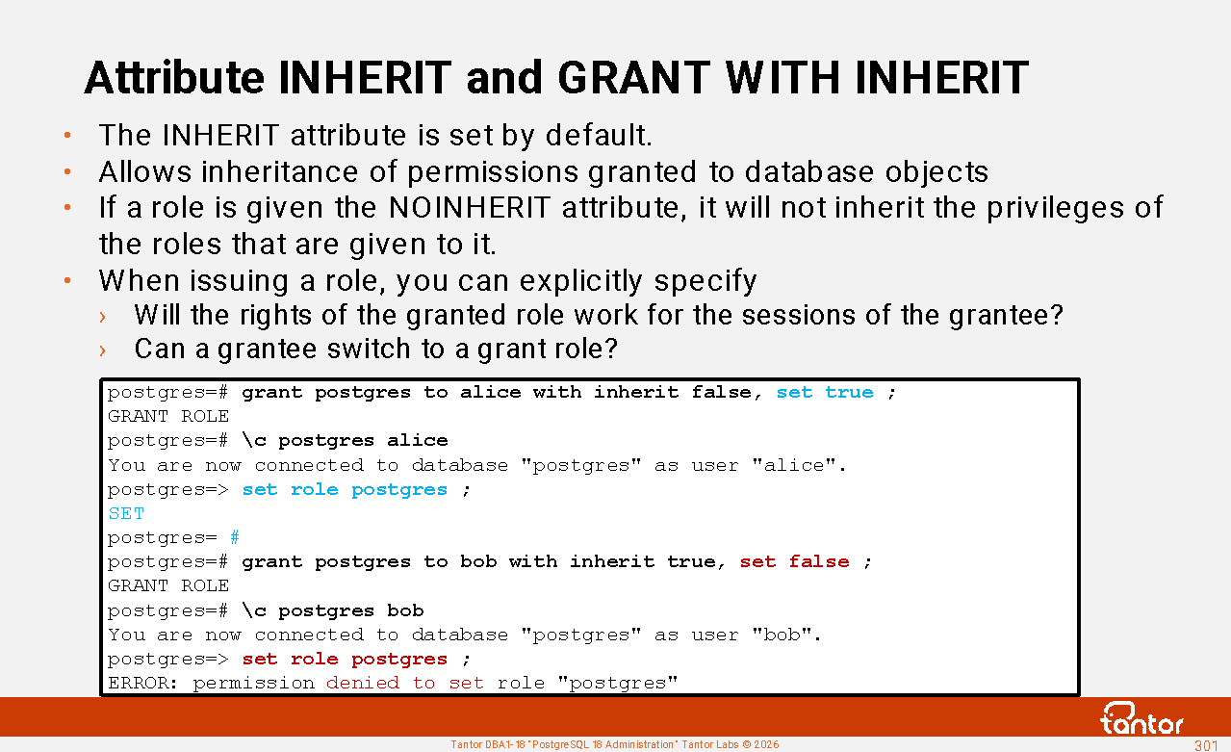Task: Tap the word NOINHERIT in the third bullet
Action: pos(470,208)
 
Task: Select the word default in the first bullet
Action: pos(599,135)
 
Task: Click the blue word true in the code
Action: pos(849,393)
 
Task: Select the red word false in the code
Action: pos(819,561)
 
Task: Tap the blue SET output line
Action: pos(126,513)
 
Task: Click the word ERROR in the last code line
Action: pos(139,683)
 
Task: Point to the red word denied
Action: pos(363,683)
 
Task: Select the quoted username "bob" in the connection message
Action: pos(782,635)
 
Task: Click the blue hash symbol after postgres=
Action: pos(235,537)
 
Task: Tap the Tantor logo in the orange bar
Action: pos(1141,718)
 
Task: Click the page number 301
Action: pos(1206,745)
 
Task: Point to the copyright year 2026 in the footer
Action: pos(766,744)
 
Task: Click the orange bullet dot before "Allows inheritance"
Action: pos(67,172)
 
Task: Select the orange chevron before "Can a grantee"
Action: pos(102,350)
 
